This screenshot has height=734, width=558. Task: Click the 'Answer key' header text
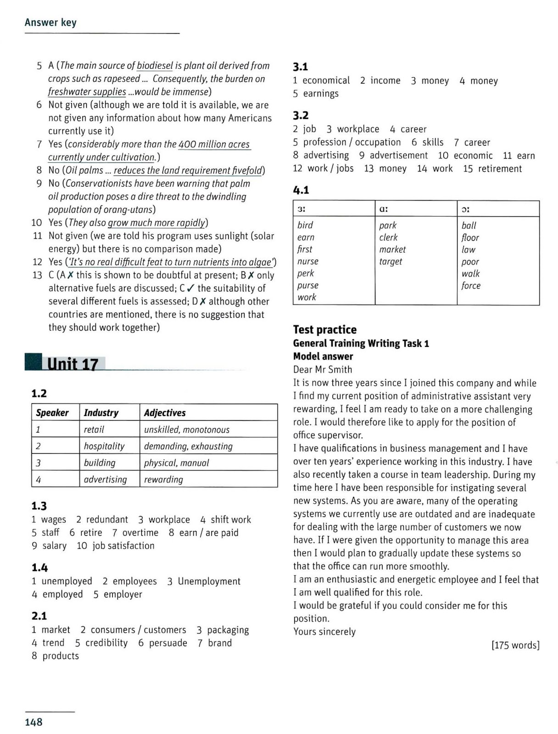tap(50, 22)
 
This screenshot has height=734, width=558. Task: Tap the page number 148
tap(33, 722)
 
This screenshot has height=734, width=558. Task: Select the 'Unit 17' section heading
tap(73, 364)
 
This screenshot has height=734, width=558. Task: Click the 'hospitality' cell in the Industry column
tap(104, 446)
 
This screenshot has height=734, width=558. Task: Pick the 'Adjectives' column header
tap(165, 412)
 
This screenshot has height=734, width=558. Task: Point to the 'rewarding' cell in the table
tap(163, 479)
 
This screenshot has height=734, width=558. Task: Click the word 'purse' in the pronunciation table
tap(308, 285)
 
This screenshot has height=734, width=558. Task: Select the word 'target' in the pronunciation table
tap(391, 261)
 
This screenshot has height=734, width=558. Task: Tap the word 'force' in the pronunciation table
tap(471, 285)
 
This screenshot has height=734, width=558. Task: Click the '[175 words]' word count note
tap(515, 645)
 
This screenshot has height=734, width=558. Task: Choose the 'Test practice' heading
tap(324, 329)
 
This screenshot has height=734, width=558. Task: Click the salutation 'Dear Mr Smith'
tap(323, 369)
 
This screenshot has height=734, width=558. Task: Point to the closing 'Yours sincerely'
tap(324, 632)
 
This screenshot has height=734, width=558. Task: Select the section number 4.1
tap(301, 189)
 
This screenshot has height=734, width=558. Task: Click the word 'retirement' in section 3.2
tap(500, 168)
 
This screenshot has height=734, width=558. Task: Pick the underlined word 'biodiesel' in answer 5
tap(155, 66)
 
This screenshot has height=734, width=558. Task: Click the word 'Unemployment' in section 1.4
tap(209, 581)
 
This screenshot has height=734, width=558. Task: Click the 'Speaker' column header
tap(52, 412)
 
